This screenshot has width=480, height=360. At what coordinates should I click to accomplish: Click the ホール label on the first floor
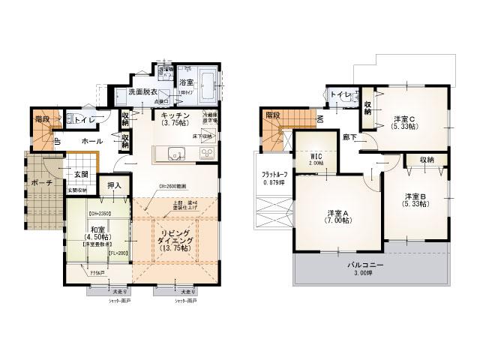click(x=93, y=140)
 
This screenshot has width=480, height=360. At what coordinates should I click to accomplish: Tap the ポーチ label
click(x=37, y=183)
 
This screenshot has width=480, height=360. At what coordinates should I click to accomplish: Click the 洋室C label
click(x=404, y=118)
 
